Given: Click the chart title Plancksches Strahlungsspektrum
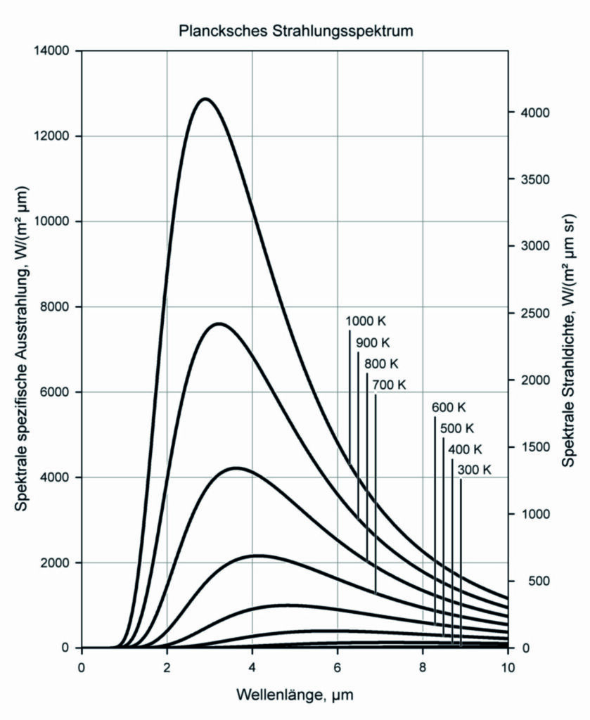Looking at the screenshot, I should pos(295,31).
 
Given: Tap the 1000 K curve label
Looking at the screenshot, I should pos(366,321).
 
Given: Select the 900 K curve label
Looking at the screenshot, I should pos(373,342).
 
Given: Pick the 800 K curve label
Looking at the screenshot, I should pos(381,364).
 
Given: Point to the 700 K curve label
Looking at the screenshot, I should pos(390,385).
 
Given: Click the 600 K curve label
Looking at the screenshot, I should pos(449,407).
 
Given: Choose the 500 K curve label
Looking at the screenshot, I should pos(457,428).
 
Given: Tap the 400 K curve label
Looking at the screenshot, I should pos(466,449).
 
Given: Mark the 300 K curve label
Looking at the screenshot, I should pos(474,470).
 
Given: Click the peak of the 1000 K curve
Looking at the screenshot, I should pos(205,98).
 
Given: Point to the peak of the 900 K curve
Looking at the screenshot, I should pos(219,323).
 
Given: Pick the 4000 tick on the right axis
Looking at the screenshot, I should pos(532,112).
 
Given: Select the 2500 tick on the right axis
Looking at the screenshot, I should pos(532,313).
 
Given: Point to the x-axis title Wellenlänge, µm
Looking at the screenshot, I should pos(295,696).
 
